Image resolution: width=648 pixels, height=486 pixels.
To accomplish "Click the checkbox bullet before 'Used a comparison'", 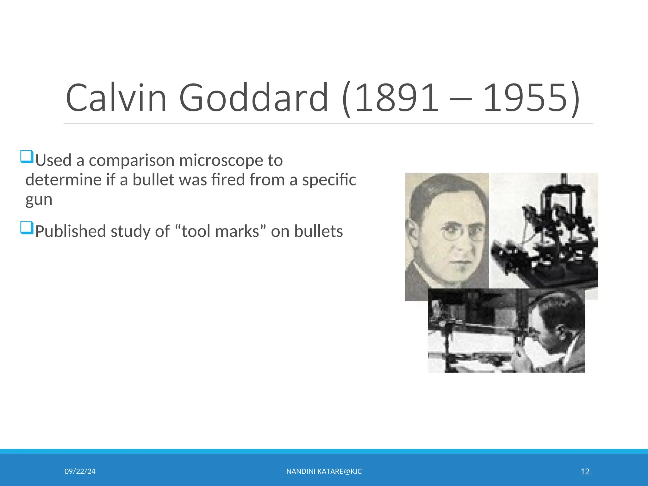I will pos(27,157).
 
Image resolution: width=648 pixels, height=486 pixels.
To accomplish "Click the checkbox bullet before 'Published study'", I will pos(27,227).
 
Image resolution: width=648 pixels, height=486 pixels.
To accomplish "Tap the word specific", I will pos(329,180).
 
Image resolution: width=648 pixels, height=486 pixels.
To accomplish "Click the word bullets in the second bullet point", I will pos(318,231).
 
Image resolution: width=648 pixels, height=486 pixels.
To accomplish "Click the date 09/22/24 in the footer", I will pos(80,471).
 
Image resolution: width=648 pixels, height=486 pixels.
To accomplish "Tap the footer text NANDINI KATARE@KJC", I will pos(324,471).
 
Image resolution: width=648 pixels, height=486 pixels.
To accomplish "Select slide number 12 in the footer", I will pos(585,471).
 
